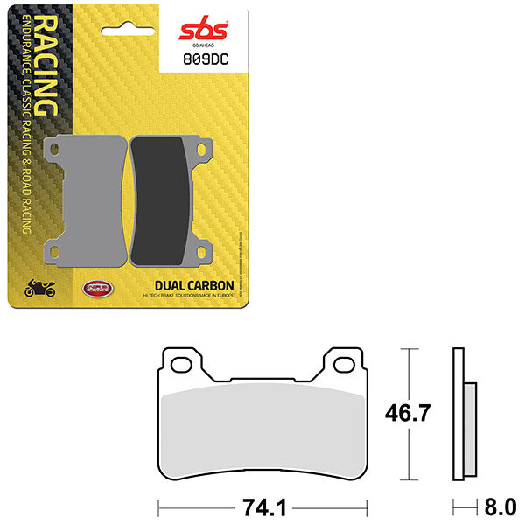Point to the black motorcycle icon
tap(40, 286)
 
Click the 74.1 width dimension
tap(262, 506)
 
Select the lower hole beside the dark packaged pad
tap(203, 253)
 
